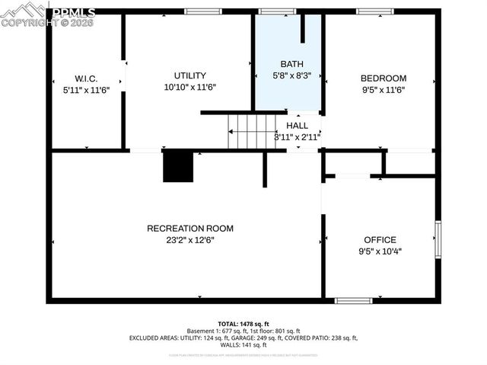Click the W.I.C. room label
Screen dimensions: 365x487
[86, 78]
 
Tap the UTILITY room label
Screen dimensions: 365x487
[189, 75]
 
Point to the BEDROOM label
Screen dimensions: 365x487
[383, 78]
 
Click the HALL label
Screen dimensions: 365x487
[297, 126]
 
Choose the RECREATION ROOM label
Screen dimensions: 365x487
[189, 228]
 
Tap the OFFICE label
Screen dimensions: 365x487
[380, 239]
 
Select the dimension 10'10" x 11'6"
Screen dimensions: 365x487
[189, 88]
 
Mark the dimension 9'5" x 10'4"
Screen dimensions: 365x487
[380, 251]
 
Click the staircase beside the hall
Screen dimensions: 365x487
[252, 131]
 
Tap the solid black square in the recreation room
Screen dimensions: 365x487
[178, 166]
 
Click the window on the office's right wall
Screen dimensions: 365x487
[438, 241]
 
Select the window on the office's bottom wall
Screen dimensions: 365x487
[354, 300]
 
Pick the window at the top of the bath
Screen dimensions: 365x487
[277, 11]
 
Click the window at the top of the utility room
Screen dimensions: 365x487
[203, 11]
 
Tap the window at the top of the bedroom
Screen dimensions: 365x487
[374, 11]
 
